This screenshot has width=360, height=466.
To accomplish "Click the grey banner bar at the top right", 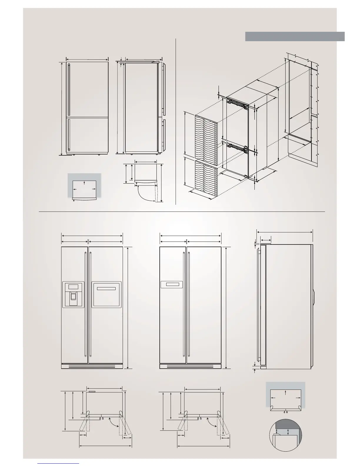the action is pos(295,36).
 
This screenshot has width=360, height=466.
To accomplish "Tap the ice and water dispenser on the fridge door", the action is pos(73,294).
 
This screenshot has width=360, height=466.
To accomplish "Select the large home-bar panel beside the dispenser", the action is pos(106,294).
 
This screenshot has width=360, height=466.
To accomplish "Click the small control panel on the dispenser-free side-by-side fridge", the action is pos(172,284).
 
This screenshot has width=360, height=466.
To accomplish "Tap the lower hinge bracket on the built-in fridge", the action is pos(236,146).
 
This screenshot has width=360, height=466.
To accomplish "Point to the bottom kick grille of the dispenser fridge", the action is pos(92,366).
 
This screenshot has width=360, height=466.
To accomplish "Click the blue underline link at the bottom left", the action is pos(59,463).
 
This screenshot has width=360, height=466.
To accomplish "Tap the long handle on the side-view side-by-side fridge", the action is pos(259,304).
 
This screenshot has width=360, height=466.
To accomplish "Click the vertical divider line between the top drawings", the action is pos(176,121).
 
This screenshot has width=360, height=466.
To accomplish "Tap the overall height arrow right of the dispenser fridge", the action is pos(128,307).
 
